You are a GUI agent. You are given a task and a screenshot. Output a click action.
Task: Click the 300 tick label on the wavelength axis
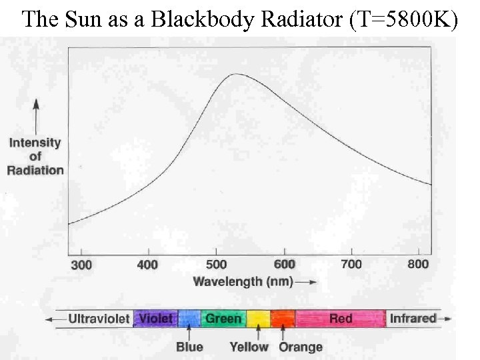pyautogui.click(x=81, y=265)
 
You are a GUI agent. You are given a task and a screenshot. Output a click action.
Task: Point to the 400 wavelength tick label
pyautogui.click(x=147, y=265)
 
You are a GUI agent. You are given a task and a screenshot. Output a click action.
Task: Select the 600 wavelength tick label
pyautogui.click(x=284, y=265)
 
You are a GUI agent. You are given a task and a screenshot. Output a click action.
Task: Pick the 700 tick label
pyautogui.click(x=351, y=265)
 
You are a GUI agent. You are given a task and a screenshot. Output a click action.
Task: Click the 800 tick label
pyautogui.click(x=418, y=265)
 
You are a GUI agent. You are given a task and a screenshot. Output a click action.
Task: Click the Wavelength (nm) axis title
pyautogui.click(x=243, y=281)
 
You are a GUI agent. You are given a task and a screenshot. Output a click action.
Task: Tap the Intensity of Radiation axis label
pyautogui.click(x=35, y=156)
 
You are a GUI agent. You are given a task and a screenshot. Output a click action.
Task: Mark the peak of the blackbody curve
pyautogui.click(x=235, y=74)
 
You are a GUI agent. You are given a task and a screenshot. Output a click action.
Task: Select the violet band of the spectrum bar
pyautogui.click(x=155, y=319)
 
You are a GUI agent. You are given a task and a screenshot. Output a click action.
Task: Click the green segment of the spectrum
pyautogui.click(x=223, y=319)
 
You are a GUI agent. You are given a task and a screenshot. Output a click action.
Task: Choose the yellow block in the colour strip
pyautogui.click(x=258, y=319)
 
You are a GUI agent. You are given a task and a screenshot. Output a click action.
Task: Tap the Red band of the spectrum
pyautogui.click(x=341, y=319)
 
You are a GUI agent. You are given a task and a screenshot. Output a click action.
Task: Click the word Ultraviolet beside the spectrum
pyautogui.click(x=99, y=319)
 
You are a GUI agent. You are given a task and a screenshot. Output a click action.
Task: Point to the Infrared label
pyautogui.click(x=413, y=318)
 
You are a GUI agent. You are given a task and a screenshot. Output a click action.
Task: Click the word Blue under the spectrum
pyautogui.click(x=190, y=347)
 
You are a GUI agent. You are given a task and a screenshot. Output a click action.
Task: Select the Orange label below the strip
pyautogui.click(x=300, y=347)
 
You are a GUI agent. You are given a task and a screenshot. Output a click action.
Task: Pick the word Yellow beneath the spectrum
pyautogui.click(x=249, y=347)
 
